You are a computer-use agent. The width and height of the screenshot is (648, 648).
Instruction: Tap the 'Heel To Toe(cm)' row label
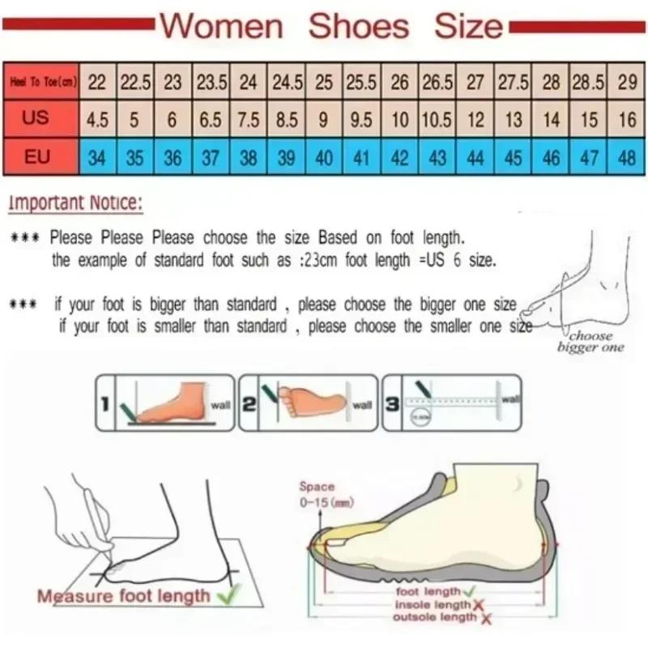click(x=42, y=82)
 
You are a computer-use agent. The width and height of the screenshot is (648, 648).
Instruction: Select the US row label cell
click(x=36, y=118)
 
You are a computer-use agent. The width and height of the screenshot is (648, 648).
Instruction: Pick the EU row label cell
click(x=36, y=156)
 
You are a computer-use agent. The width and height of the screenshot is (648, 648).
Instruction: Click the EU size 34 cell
click(x=97, y=157)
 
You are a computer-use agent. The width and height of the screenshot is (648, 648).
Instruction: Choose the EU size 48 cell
click(x=627, y=157)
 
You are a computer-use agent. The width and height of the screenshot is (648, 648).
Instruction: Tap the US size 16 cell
click(x=627, y=120)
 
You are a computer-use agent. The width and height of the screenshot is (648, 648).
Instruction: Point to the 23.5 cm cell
click(x=211, y=83)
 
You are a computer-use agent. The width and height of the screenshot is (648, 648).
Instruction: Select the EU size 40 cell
click(x=324, y=157)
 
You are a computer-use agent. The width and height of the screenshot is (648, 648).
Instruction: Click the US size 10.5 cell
click(x=437, y=120)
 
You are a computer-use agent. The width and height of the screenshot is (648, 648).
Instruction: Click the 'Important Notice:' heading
click(x=75, y=203)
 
